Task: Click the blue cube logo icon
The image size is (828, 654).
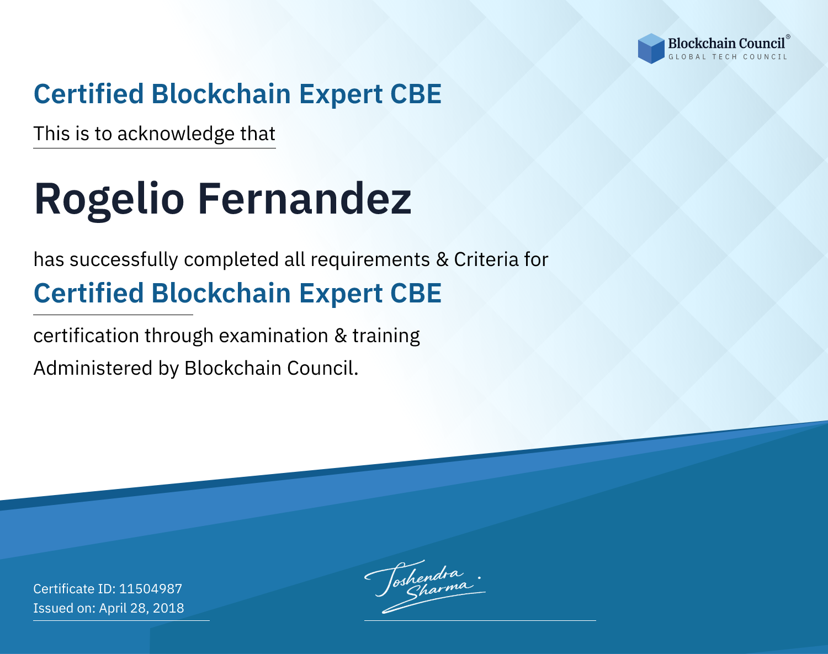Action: (x=651, y=49)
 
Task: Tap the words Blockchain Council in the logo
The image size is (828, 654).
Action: (x=726, y=44)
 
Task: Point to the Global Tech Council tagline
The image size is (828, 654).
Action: (x=728, y=57)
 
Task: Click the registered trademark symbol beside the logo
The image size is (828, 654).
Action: (x=788, y=37)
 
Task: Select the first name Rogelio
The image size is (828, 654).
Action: (x=109, y=200)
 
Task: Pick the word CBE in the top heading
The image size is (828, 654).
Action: (x=416, y=94)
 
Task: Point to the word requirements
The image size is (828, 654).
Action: (x=370, y=260)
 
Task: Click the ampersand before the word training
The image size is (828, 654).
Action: (x=341, y=336)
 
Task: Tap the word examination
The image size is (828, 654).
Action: (x=274, y=336)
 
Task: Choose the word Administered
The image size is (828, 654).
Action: (x=93, y=368)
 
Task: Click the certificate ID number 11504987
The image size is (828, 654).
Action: (x=151, y=588)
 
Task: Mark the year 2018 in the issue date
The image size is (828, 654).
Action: (x=168, y=608)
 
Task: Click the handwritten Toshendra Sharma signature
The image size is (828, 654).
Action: (x=424, y=586)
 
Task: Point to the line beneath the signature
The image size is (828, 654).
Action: (x=480, y=620)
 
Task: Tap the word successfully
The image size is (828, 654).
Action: (x=124, y=260)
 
